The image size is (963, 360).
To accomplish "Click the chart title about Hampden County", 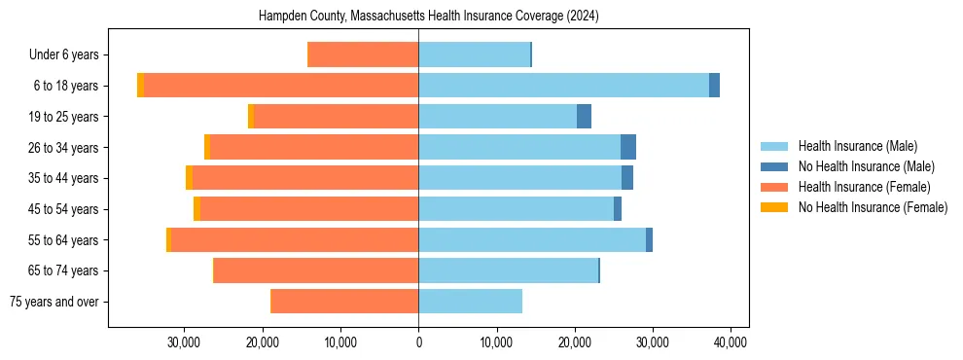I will click(x=428, y=17).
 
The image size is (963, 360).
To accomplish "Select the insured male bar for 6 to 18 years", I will click(x=564, y=86).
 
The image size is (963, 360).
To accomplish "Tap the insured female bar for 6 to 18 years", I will click(x=281, y=86).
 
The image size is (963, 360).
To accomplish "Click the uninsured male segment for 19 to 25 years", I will click(x=584, y=117).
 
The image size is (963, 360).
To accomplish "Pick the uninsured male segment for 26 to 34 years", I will click(x=628, y=147).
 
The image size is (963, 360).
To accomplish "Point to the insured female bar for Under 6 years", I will click(x=363, y=54).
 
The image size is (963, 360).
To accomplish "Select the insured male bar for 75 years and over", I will click(x=470, y=302).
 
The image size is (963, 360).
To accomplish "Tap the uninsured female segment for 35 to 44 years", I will click(x=189, y=178).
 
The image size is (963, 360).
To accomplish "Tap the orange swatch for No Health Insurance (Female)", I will click(x=774, y=207).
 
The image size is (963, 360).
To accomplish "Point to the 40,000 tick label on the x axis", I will click(x=730, y=342).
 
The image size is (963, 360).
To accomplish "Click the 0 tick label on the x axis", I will click(x=418, y=342).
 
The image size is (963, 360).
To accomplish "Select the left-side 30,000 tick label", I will click(x=184, y=342).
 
